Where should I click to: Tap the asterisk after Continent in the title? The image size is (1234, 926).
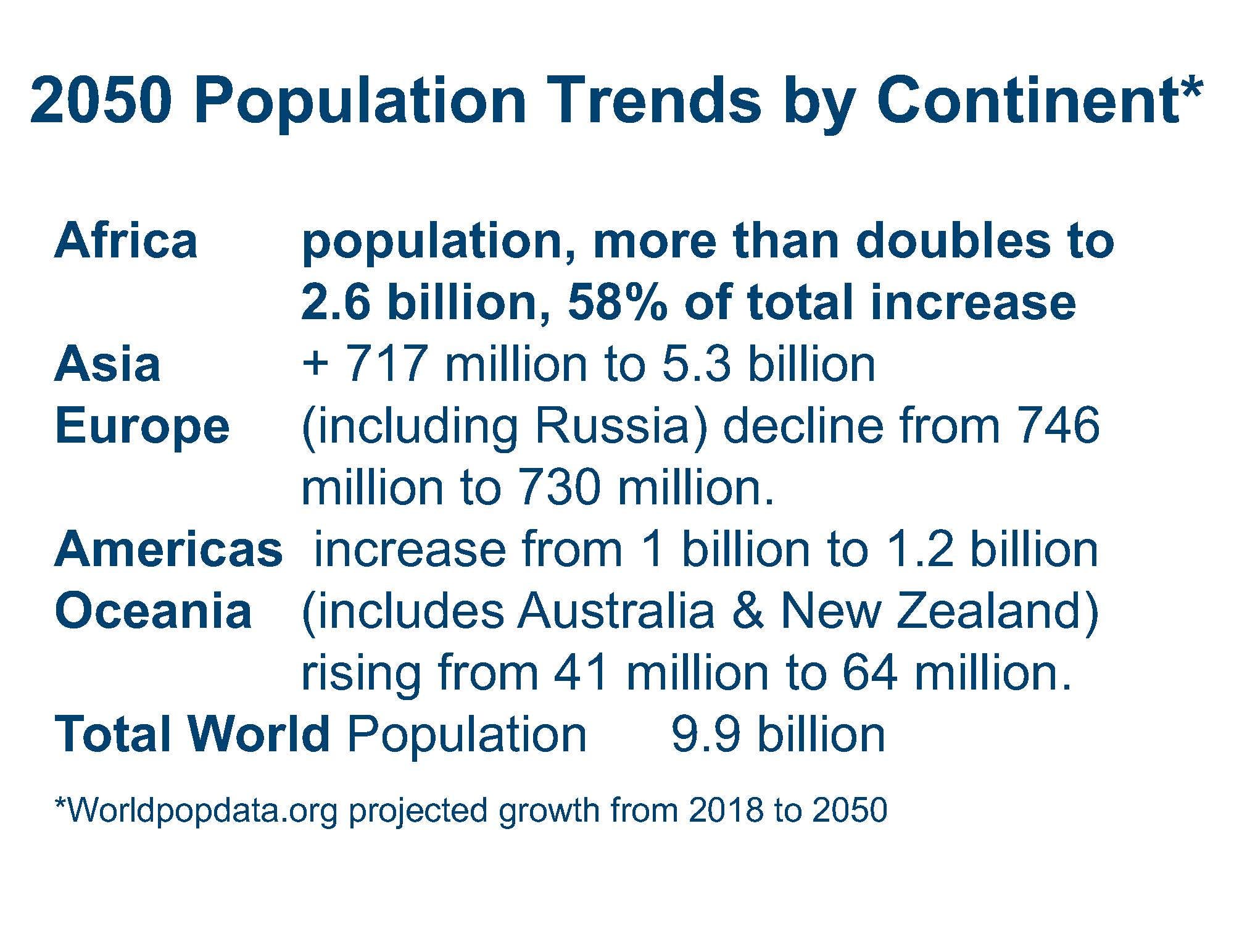click(x=1192, y=90)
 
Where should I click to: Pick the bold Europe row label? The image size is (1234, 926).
click(x=142, y=427)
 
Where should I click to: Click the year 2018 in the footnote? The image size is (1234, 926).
click(x=726, y=810)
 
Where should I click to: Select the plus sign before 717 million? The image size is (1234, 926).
click(x=315, y=364)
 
